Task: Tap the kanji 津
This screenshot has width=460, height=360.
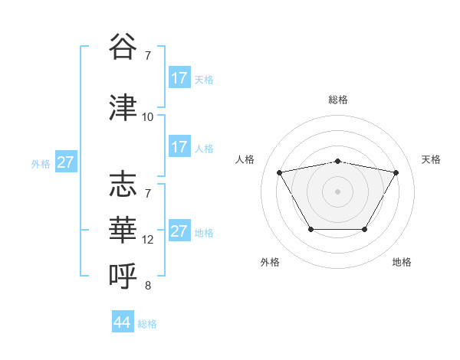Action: (123, 107)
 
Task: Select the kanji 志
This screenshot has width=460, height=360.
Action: (123, 185)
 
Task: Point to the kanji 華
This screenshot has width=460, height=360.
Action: (123, 227)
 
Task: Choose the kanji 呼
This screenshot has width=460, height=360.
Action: (123, 273)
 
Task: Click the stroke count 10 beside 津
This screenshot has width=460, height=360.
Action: (148, 117)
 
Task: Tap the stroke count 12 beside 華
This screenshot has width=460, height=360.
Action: (148, 240)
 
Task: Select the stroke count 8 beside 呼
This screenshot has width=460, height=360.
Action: (148, 286)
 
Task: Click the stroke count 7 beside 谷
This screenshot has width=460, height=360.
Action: (148, 56)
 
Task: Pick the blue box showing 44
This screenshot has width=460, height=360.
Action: (123, 322)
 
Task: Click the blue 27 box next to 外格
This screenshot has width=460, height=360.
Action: (65, 162)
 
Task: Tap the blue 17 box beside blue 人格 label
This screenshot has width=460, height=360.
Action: (179, 147)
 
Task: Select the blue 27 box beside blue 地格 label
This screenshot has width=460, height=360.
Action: (179, 231)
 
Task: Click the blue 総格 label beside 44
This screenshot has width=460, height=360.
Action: (147, 324)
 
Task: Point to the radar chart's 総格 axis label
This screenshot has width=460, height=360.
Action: (338, 100)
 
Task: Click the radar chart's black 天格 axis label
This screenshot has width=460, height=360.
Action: (432, 159)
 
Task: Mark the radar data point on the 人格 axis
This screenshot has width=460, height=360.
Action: (280, 172)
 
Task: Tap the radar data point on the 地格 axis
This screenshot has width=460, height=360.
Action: (365, 229)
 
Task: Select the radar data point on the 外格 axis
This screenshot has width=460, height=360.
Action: (310, 229)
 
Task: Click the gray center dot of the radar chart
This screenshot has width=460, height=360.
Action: (338, 191)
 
